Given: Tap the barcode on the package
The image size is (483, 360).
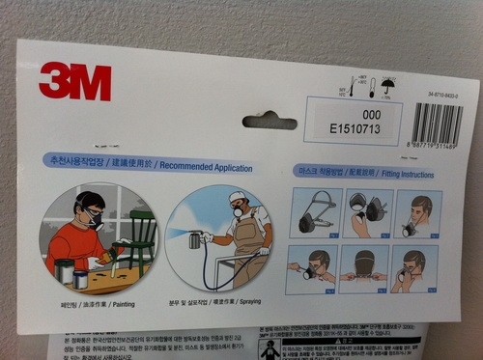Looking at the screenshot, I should [438, 123].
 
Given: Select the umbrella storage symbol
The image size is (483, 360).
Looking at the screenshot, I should [388, 87].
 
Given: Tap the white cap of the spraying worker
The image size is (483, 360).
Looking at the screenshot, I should [238, 197].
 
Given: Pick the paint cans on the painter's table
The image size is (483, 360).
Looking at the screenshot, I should [73, 273].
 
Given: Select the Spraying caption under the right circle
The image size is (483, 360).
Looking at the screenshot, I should [222, 315].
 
